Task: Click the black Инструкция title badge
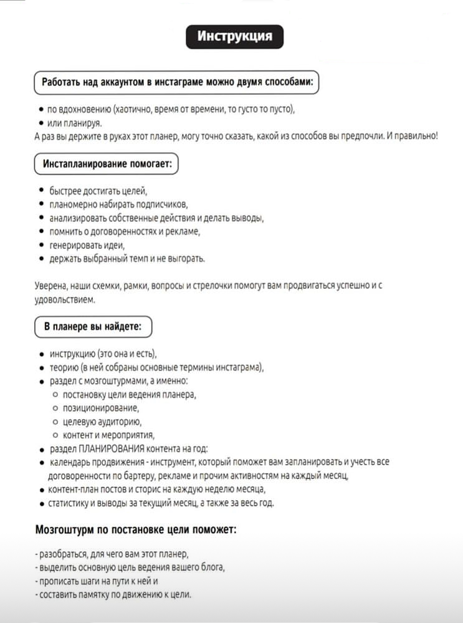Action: pos(234,36)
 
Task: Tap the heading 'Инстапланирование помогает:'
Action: pos(106,165)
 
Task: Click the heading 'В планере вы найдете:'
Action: pos(93,326)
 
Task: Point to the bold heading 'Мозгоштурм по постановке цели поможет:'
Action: pos(135,530)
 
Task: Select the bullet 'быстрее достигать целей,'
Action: pos(98,190)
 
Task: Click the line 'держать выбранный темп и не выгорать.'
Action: pos(127,258)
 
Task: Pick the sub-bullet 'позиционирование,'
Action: pos(101,408)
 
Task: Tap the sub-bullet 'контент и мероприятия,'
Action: pos(108,435)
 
